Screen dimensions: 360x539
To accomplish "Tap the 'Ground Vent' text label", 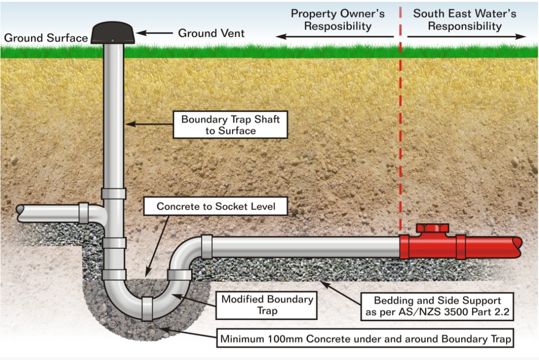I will (211, 33).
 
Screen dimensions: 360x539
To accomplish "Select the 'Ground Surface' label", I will (46, 38).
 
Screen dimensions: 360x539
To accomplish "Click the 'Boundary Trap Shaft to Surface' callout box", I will (230, 125).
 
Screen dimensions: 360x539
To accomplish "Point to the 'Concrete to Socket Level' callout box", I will (216, 206).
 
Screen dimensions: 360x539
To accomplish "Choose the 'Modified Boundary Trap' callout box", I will (267, 305).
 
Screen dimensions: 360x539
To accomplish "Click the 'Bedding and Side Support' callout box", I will (437, 306).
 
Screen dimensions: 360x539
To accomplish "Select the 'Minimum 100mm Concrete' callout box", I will (365, 339).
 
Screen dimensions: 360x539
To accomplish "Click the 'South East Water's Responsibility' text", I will (465, 20).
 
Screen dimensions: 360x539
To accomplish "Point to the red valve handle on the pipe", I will (432, 228).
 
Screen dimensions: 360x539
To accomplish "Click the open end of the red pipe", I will (517, 243).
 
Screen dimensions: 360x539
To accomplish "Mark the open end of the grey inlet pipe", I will (20, 210).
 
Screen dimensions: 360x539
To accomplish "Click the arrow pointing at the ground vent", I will (153, 33).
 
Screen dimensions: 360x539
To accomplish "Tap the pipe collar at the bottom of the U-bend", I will (147, 309).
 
